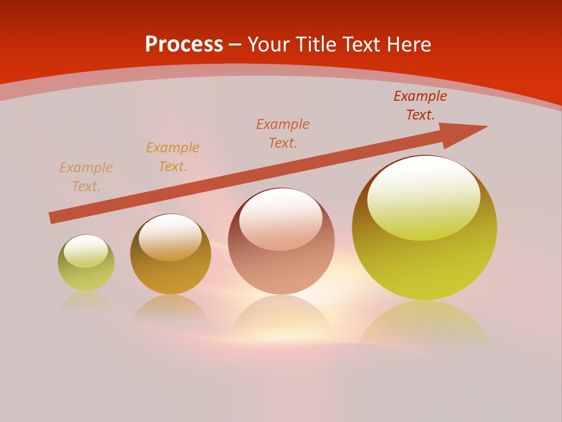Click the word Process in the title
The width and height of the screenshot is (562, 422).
(x=184, y=45)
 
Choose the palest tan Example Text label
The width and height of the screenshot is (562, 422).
(x=86, y=177)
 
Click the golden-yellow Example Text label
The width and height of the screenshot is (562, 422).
(x=173, y=157)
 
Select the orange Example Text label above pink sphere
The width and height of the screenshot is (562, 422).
(x=283, y=134)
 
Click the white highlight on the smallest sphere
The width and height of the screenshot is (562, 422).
(x=85, y=251)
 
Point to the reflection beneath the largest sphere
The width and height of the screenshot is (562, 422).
(x=424, y=322)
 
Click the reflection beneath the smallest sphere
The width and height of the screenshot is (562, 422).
(x=86, y=300)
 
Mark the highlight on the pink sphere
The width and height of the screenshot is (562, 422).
(x=280, y=217)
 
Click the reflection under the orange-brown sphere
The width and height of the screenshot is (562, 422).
(x=170, y=309)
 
